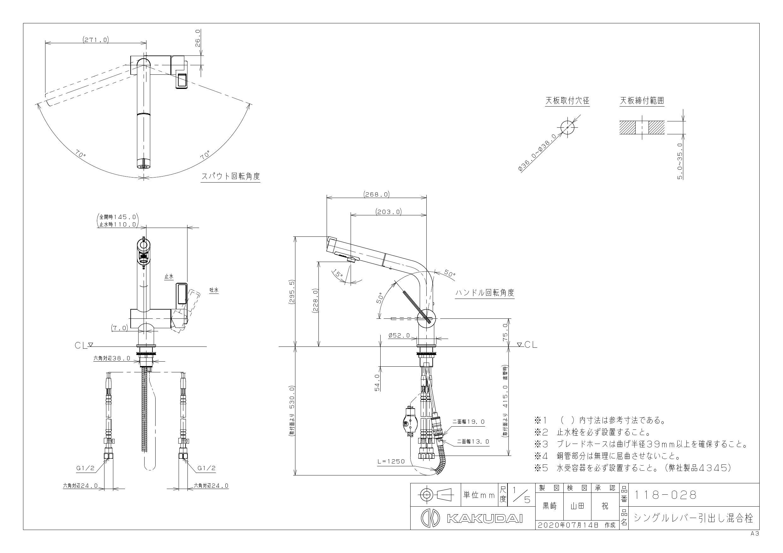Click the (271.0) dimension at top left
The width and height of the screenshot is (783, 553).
point(96,39)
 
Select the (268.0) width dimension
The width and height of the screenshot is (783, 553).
point(377,194)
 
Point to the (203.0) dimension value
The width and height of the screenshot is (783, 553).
point(389,212)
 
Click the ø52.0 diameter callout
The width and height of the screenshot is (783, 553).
point(399,336)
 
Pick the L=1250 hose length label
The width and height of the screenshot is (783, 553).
point(391,461)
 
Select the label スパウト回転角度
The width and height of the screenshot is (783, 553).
point(230,176)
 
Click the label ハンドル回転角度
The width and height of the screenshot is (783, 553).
point(484,293)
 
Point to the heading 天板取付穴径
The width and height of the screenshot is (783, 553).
point(567,101)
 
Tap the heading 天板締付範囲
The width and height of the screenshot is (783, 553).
point(642,101)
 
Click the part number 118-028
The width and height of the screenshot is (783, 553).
point(665,495)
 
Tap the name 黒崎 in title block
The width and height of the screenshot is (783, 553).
point(549,506)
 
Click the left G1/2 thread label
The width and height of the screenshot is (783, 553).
point(85,468)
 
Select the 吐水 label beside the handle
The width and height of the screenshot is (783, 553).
point(214,290)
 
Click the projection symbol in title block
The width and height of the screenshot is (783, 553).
point(436,494)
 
